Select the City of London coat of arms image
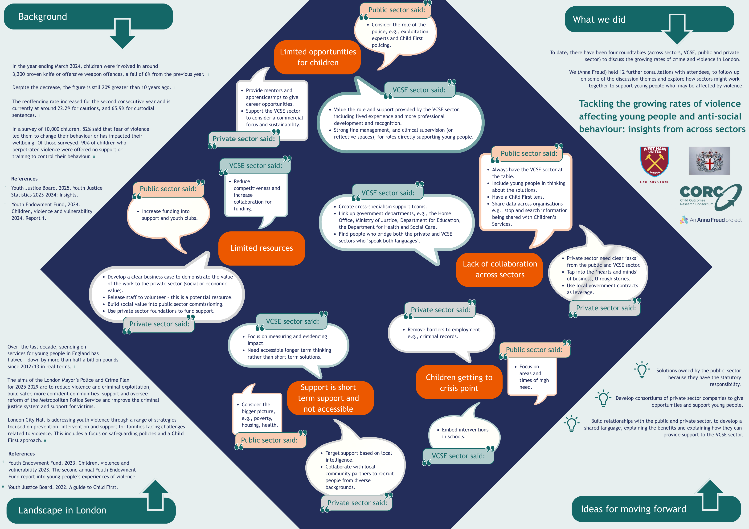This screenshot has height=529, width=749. [709, 160]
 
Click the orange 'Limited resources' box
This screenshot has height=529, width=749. [262, 248]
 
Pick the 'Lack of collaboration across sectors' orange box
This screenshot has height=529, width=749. [499, 270]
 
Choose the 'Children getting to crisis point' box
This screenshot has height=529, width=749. [459, 382]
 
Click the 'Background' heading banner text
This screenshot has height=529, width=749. [43, 17]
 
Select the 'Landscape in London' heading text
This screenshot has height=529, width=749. [62, 510]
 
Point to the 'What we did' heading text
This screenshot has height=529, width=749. [599, 20]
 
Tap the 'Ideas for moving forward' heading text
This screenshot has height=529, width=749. [634, 509]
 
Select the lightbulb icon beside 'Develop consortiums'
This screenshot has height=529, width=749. [603, 398]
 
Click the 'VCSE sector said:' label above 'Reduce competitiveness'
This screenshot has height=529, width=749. [255, 166]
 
